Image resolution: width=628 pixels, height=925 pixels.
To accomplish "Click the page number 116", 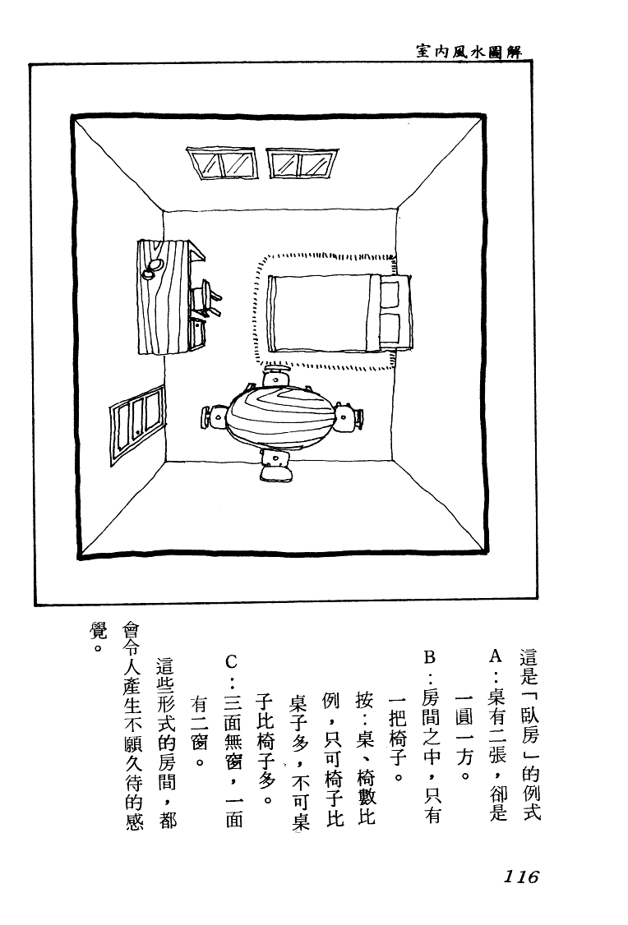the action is [x=521, y=876].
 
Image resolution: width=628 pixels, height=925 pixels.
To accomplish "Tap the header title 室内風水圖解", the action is [x=469, y=51].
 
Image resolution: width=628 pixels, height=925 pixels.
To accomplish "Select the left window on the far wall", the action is [x=222, y=163].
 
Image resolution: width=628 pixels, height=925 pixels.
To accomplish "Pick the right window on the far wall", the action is [x=302, y=163].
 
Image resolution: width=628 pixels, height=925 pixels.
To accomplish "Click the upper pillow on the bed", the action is [x=390, y=294].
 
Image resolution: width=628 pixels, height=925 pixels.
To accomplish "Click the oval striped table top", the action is [x=282, y=416].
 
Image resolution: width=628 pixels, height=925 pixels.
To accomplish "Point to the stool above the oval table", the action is [x=275, y=375].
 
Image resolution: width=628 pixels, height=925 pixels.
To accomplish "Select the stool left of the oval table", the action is [x=215, y=416].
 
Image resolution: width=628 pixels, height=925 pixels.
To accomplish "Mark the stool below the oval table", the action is [x=275, y=466].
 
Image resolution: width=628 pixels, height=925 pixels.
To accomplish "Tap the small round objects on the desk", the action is [x=153, y=268].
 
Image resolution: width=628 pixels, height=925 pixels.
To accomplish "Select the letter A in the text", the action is [x=496, y=656].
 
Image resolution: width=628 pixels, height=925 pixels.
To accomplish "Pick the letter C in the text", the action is [x=232, y=661].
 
